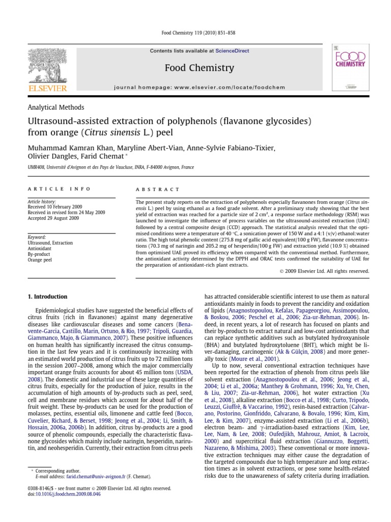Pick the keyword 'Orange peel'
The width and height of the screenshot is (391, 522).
pos(41,259)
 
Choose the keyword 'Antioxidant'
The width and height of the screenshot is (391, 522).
pos(40,249)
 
